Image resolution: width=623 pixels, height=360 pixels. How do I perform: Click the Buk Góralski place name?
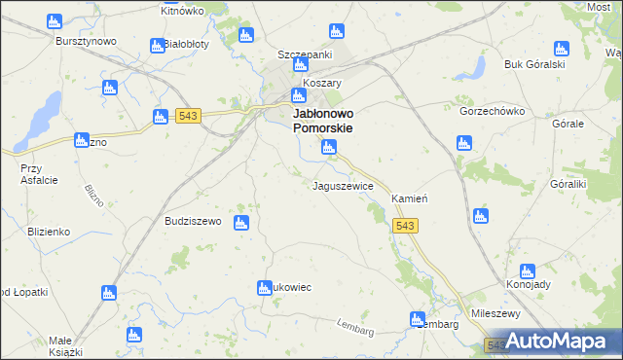(534, 64)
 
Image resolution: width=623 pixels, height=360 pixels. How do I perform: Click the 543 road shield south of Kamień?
(406, 226)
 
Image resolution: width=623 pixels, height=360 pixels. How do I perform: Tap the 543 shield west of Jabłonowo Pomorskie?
(189, 117)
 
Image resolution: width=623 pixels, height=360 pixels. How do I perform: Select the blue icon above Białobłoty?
(158, 46)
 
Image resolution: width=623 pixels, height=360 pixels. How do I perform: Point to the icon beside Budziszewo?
(240, 223)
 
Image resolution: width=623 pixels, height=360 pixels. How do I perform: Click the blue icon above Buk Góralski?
(561, 49)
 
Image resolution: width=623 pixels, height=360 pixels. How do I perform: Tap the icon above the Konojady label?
(528, 271)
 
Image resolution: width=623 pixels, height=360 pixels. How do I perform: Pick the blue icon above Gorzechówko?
(464, 144)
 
